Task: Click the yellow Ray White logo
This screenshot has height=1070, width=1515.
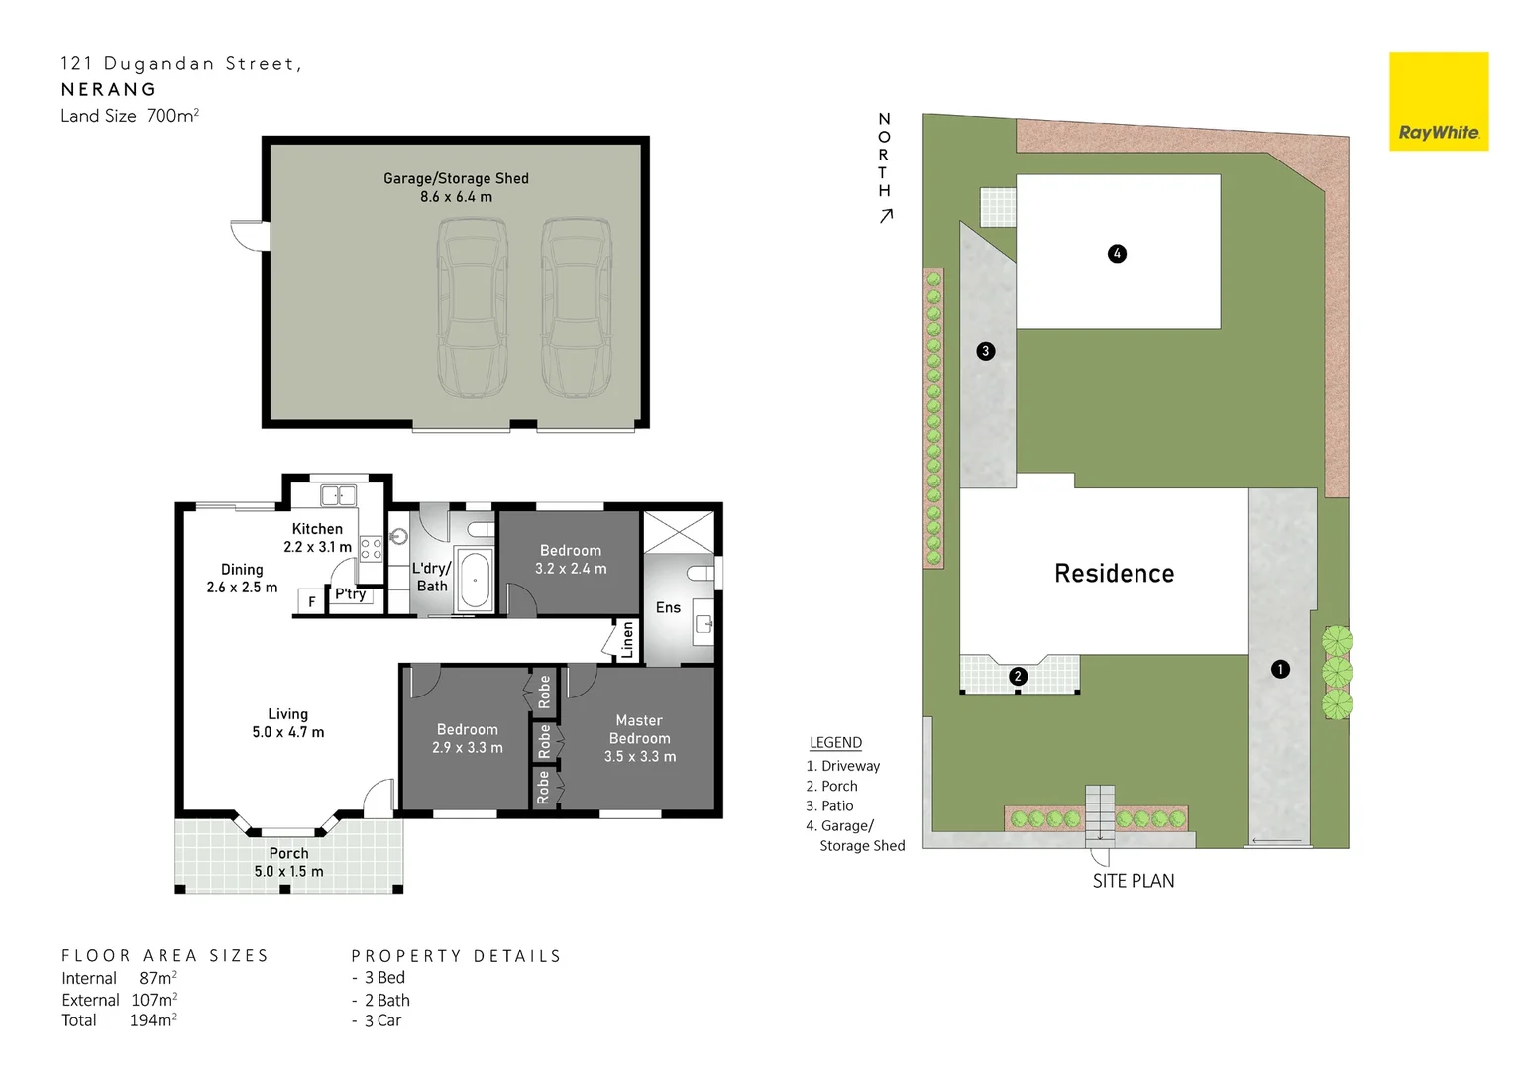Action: click(1438, 101)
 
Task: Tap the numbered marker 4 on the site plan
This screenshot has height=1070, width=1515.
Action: click(1117, 254)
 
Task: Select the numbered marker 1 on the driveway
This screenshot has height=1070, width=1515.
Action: click(1280, 670)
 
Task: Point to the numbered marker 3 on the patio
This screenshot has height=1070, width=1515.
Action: click(985, 351)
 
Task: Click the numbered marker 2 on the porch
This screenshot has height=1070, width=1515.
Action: click(1018, 677)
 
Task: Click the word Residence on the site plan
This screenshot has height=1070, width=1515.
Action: click(1114, 574)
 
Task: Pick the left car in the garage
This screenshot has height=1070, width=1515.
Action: click(473, 307)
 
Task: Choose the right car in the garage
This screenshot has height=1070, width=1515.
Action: click(576, 307)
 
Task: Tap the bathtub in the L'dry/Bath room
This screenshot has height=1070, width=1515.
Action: click(475, 580)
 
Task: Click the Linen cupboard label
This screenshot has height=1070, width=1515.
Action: click(627, 641)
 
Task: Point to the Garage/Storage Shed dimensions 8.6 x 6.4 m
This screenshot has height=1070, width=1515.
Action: click(456, 197)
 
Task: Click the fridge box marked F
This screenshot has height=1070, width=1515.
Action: click(312, 601)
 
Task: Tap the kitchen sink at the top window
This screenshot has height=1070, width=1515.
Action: click(338, 494)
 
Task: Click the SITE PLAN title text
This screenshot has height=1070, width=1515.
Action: click(1133, 881)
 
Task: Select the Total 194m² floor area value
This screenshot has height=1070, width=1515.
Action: click(153, 1020)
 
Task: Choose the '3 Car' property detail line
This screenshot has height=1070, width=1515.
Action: click(381, 1020)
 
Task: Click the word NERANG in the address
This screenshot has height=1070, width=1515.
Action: click(108, 89)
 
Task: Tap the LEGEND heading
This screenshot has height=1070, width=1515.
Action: click(835, 743)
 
